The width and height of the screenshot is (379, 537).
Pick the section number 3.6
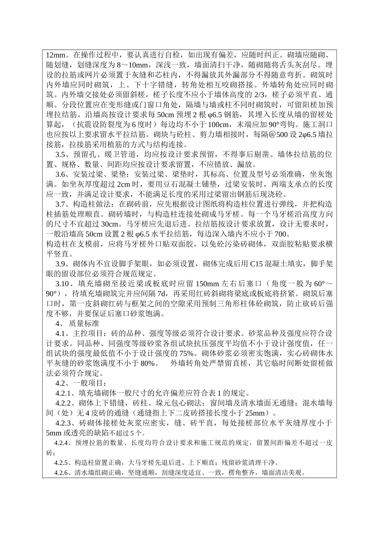pyautogui.click(x=60, y=174)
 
